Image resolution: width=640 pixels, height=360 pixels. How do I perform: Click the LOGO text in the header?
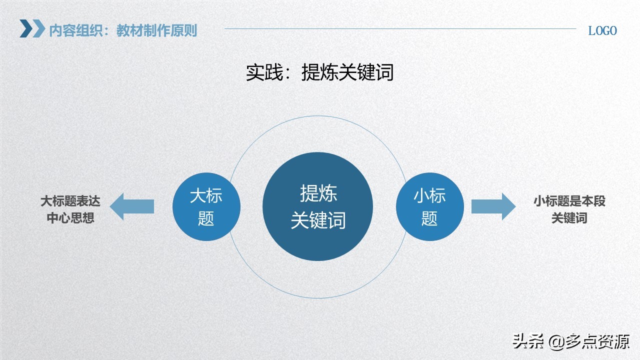602,30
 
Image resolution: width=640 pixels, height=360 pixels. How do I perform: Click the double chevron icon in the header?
32,29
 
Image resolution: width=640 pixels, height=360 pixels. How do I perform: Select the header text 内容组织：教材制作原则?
123,30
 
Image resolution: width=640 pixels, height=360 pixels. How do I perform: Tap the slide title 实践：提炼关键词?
319,72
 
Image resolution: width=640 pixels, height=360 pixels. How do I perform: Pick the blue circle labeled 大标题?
206,206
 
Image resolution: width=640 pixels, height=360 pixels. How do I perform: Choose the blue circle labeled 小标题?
429,206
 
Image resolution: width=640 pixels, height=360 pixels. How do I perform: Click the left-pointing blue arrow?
132,206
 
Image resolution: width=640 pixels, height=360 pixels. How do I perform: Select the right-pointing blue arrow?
493,206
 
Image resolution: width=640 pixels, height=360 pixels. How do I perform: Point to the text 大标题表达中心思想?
70,209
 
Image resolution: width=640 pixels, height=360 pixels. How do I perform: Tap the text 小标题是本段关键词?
569,209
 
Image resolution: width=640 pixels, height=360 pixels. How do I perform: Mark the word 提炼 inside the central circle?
318,193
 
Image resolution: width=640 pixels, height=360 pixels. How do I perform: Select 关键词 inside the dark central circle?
318,220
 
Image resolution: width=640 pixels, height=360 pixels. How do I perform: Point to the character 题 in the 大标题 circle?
206,218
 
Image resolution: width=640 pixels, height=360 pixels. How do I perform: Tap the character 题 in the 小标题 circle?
429,218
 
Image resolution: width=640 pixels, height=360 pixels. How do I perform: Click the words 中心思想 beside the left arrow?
70,218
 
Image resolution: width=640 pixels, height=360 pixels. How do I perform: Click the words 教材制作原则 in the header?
157,30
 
